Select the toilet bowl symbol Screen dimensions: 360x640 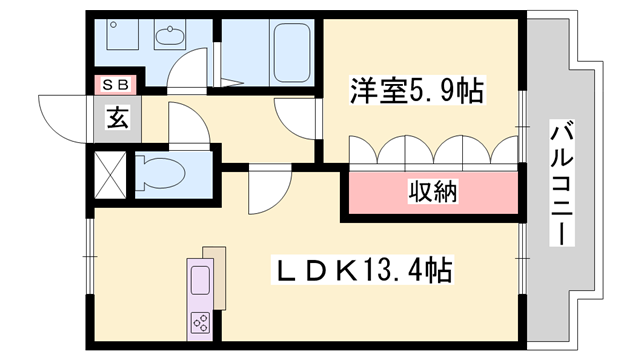pyautogui.click(x=161, y=172)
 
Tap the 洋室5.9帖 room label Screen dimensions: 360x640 pyautogui.click(x=416, y=92)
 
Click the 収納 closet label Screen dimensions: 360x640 pyautogui.click(x=431, y=191)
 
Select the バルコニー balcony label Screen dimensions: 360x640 pyautogui.click(x=561, y=185)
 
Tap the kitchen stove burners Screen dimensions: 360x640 pyautogui.click(x=199, y=322)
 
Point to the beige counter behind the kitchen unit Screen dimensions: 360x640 pyautogui.click(x=216, y=264)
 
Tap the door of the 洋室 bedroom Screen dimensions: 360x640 pyautogui.click(x=297, y=120)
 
